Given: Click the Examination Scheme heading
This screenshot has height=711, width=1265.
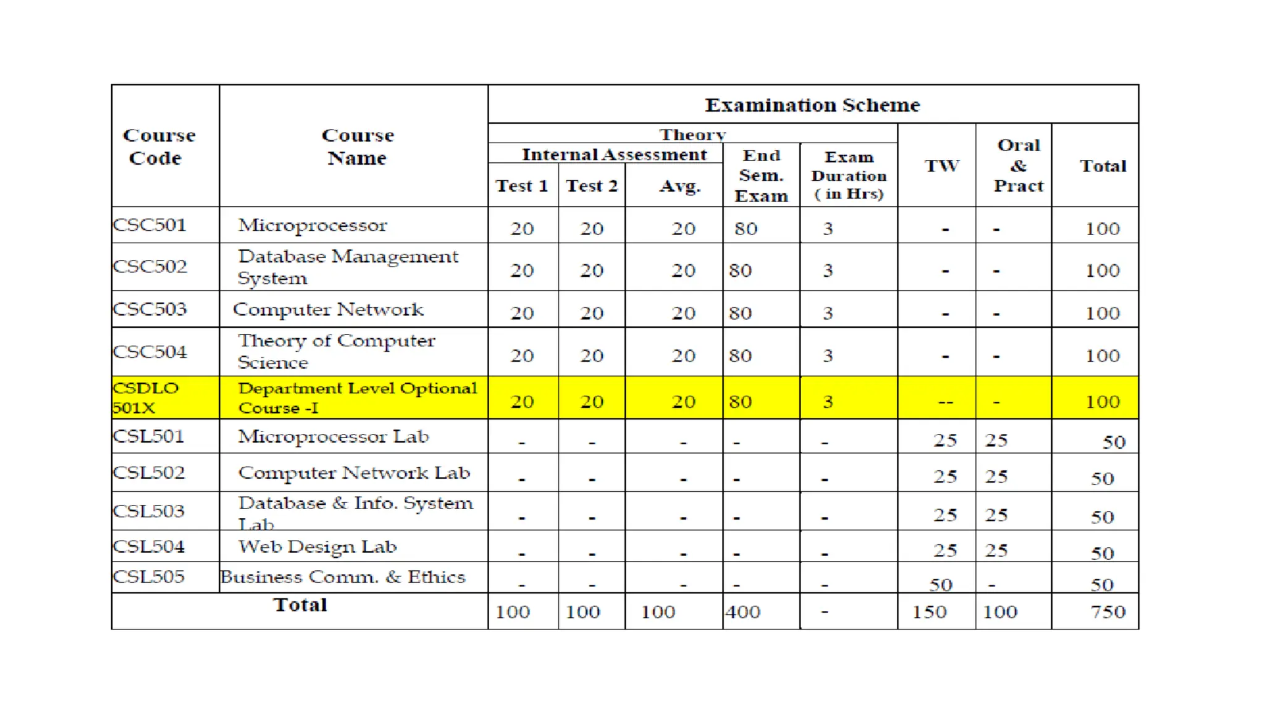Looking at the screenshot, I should click(x=812, y=105).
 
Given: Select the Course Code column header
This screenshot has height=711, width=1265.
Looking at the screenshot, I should click(x=159, y=146).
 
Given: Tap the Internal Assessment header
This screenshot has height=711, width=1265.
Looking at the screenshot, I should click(x=614, y=154).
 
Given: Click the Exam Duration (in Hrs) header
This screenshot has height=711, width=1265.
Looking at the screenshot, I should click(x=849, y=175).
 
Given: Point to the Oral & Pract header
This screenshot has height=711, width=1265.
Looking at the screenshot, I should click(x=1018, y=165).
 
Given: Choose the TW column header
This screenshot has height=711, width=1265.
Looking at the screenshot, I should click(x=942, y=165).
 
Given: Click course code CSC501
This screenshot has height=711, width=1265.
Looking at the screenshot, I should click(x=149, y=225).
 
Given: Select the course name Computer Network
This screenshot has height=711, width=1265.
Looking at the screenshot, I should click(x=328, y=309).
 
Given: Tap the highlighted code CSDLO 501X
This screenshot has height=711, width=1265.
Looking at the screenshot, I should click(x=146, y=397).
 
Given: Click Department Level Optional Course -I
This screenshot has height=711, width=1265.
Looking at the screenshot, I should click(x=357, y=397).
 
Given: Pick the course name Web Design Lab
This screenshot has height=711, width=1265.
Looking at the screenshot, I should click(x=317, y=547).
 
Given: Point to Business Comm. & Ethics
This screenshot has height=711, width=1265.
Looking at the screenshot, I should click(x=343, y=576).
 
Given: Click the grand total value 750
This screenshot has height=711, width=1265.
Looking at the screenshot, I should click(x=1107, y=612).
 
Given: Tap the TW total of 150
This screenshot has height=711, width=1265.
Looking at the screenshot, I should click(x=929, y=612).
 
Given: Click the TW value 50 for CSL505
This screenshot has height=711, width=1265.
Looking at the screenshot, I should click(x=941, y=584).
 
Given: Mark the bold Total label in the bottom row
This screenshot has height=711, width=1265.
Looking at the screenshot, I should click(x=300, y=605).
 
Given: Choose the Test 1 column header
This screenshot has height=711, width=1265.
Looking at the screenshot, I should click(x=522, y=186).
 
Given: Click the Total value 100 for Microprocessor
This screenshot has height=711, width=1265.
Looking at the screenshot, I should click(x=1102, y=229).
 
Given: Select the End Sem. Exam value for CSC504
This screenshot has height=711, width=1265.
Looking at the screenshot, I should click(x=740, y=355).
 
